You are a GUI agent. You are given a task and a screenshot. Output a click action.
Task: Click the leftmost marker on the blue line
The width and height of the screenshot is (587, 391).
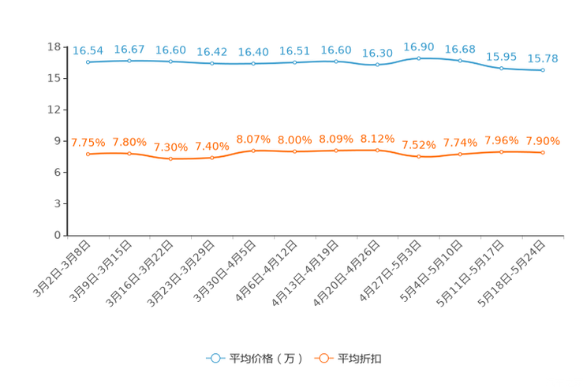pos(88,61)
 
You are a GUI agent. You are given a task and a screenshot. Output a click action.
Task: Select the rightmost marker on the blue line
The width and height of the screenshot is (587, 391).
pos(543,70)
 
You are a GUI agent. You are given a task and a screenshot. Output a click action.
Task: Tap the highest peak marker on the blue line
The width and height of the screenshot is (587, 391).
pos(418,58)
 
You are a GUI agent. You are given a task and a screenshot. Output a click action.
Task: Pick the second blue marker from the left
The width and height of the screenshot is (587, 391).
pos(129,60)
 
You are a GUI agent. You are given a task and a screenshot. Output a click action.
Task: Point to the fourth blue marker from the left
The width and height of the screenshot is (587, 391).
pos(211,63)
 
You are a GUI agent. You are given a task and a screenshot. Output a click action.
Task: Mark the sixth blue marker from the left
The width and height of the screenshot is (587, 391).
pos(294,62)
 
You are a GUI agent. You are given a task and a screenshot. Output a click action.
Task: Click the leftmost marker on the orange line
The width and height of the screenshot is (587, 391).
pos(88,154)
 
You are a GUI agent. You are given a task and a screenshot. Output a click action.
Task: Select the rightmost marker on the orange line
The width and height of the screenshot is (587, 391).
pos(543,152)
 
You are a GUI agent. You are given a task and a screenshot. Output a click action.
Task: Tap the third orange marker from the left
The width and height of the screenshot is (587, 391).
pos(170,159)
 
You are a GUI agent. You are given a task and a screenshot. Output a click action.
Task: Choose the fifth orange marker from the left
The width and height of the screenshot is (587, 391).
pos(253,150)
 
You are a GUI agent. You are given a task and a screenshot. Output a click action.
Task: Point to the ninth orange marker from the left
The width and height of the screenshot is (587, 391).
pos(418,157)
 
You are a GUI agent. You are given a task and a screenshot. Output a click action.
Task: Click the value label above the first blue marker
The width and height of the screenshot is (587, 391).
pos(88,50)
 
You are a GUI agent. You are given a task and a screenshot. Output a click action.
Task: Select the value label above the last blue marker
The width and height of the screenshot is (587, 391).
pos(543,58)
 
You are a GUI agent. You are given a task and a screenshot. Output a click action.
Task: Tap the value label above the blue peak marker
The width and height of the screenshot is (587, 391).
pos(418,47)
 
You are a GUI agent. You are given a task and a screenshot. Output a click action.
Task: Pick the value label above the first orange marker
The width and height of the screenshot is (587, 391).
pos(88,143)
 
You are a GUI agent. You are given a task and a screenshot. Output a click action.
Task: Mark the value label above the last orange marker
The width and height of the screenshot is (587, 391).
pos(543,141)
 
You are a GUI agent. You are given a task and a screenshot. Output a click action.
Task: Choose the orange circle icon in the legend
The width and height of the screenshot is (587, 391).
pos(323,358)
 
